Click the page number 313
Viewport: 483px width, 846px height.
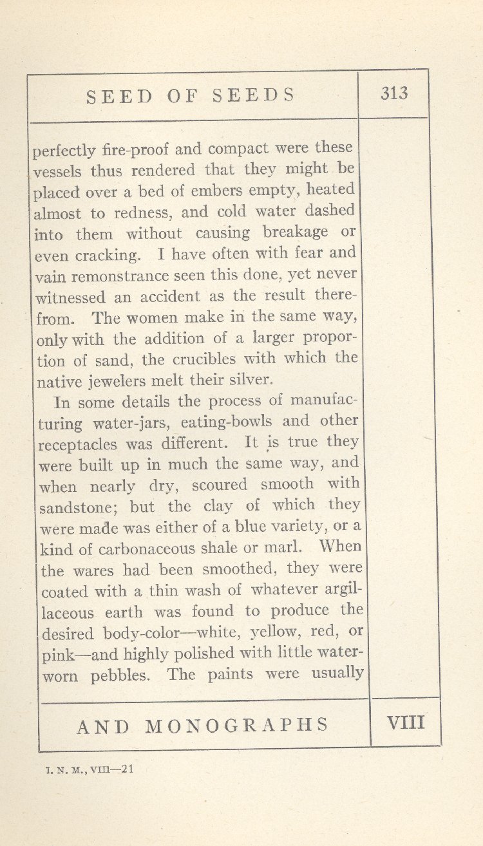click(393, 94)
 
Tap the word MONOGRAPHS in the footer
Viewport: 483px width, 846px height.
click(238, 726)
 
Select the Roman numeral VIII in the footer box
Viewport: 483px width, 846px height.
click(406, 722)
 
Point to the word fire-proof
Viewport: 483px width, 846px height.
click(136, 151)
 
